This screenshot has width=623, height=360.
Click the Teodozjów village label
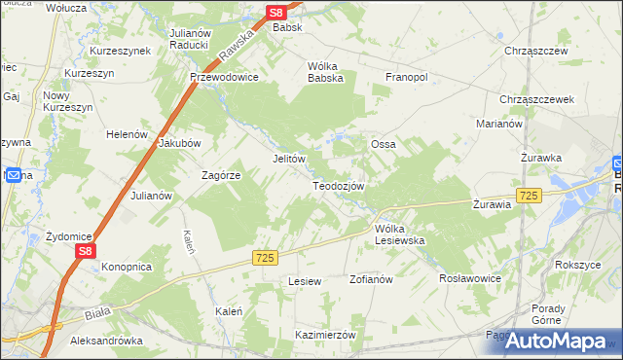tap(339, 186)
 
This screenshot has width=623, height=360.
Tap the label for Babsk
tap(288, 28)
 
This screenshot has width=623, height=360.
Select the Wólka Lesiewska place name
tap(401, 234)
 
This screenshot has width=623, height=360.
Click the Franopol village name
tap(408, 77)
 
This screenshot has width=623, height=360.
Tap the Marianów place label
tap(499, 124)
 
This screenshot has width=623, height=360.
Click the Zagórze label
tap(220, 175)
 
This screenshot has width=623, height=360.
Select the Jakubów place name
tap(179, 142)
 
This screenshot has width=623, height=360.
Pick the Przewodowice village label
tap(225, 78)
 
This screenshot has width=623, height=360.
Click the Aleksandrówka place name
tap(107, 342)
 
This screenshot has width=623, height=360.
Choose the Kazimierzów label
tap(326, 334)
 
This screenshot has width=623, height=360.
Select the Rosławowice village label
tap(470, 277)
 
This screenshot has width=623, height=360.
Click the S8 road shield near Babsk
tap(276, 13)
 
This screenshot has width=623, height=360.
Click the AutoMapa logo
tap(556, 340)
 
